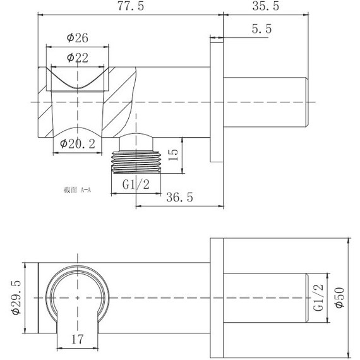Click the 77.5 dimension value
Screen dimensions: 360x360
(131, 6)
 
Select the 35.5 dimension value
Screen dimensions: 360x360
(266, 6)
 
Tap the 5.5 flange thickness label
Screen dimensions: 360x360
(261, 29)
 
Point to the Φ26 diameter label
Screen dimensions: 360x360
(78, 38)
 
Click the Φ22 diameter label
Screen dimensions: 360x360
(78, 57)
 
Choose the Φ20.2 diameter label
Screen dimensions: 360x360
(78, 144)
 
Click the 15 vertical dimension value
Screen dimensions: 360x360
(173, 155)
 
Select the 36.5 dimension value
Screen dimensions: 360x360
(179, 197)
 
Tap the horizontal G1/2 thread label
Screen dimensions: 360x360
(136, 184)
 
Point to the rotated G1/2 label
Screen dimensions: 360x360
(318, 297)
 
